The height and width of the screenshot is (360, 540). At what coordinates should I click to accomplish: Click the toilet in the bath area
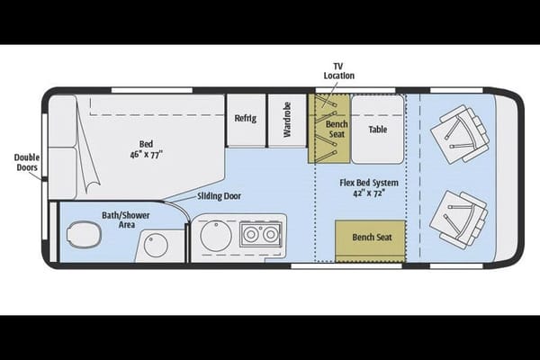(x=84, y=235)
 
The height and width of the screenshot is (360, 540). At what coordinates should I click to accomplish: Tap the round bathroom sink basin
(x=156, y=246)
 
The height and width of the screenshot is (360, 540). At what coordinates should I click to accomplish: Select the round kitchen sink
(x=216, y=236)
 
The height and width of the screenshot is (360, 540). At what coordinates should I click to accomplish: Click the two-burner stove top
(x=260, y=234)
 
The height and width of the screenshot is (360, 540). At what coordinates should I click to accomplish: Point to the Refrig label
(x=245, y=118)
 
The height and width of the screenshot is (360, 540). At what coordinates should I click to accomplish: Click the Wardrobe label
(x=287, y=120)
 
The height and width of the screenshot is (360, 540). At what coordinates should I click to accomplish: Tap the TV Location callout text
(x=339, y=71)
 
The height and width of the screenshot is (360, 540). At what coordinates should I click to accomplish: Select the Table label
(x=378, y=130)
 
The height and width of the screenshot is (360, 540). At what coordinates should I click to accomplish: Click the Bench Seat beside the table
(x=328, y=129)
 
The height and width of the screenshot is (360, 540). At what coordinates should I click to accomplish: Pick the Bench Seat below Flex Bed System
(x=370, y=241)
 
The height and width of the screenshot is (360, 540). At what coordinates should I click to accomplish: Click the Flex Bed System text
(x=369, y=183)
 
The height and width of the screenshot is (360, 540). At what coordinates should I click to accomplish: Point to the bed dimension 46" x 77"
(x=146, y=155)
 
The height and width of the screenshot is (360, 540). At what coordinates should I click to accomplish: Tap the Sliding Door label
(x=219, y=196)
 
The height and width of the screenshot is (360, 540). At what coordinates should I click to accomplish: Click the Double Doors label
(x=27, y=162)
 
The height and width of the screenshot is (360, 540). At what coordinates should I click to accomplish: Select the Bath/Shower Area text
(x=126, y=220)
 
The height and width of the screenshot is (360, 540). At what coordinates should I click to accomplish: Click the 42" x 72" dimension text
(x=368, y=193)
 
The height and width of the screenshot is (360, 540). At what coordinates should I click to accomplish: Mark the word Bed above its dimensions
(x=146, y=144)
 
